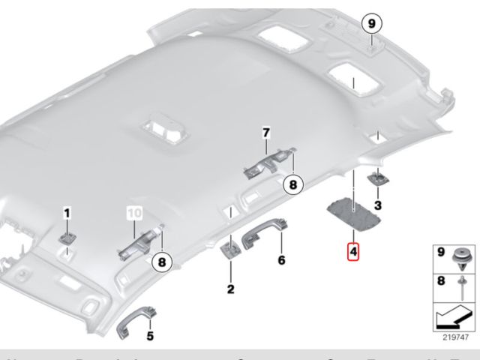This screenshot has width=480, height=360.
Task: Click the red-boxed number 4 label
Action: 352,250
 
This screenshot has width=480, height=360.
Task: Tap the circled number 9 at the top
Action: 370,24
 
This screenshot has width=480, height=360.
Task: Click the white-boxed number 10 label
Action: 133,213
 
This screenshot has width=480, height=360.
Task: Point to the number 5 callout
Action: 149,336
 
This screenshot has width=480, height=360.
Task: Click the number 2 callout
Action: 231,289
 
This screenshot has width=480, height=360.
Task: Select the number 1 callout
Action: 66,214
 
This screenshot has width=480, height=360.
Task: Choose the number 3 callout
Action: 377,205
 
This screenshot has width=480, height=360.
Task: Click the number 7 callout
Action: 265,133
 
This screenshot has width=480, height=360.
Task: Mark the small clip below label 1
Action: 68,237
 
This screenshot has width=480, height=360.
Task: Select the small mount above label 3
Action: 376,179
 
